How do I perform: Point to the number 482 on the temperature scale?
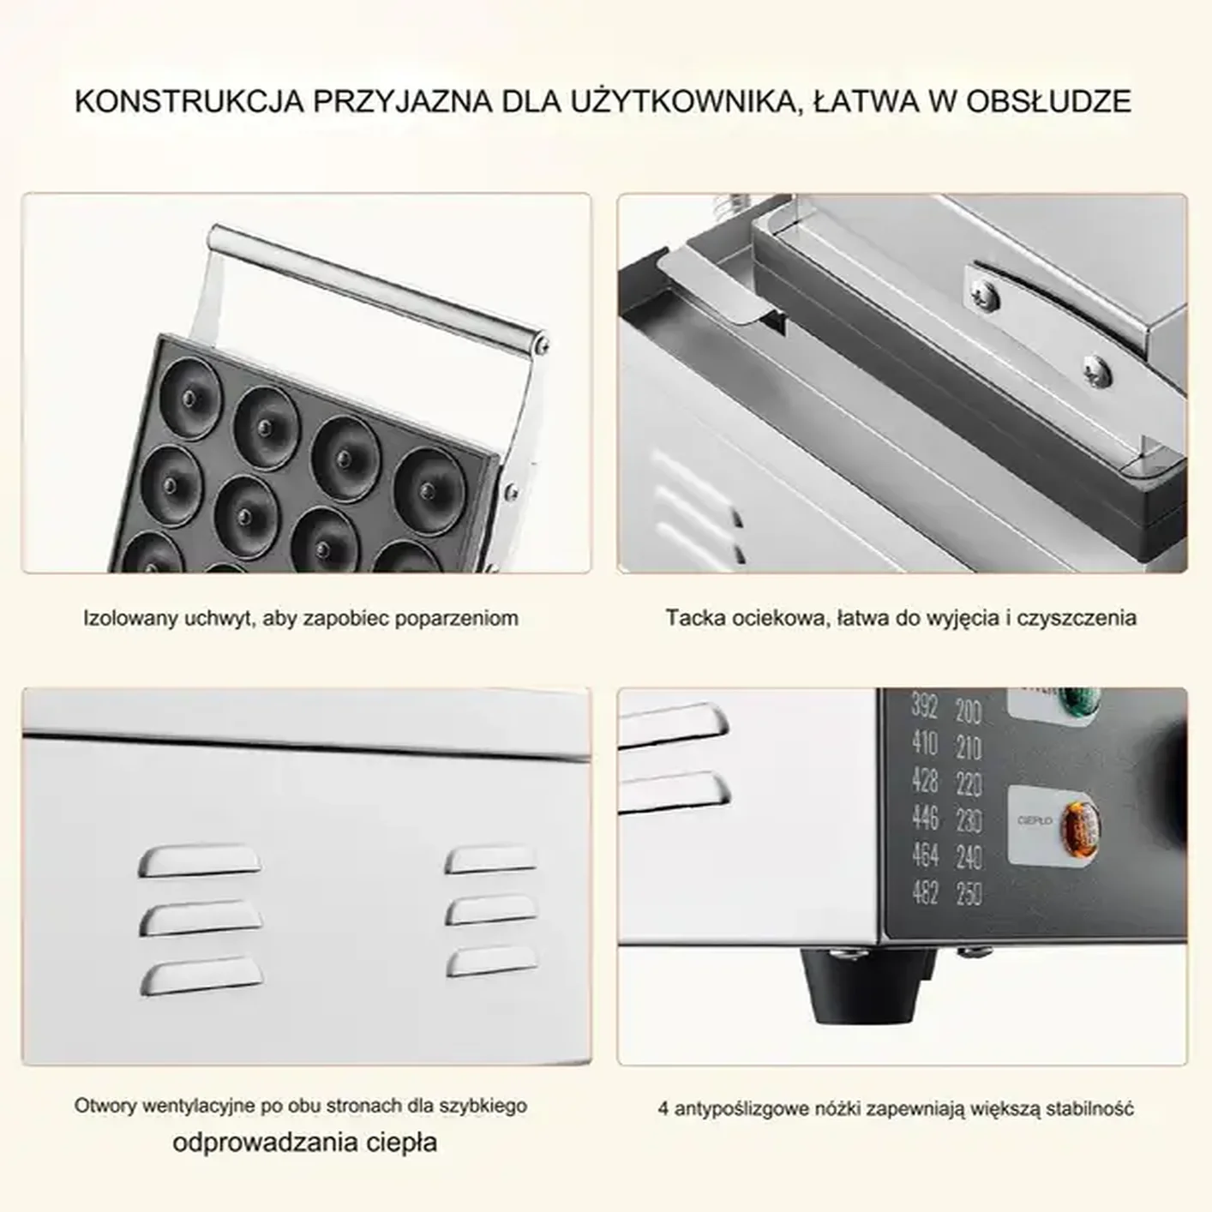925,892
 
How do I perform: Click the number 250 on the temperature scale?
969,895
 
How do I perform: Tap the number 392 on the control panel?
925,708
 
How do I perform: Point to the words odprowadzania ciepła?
305,1143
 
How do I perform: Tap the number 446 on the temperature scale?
925,819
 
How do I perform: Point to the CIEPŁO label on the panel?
1034,821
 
